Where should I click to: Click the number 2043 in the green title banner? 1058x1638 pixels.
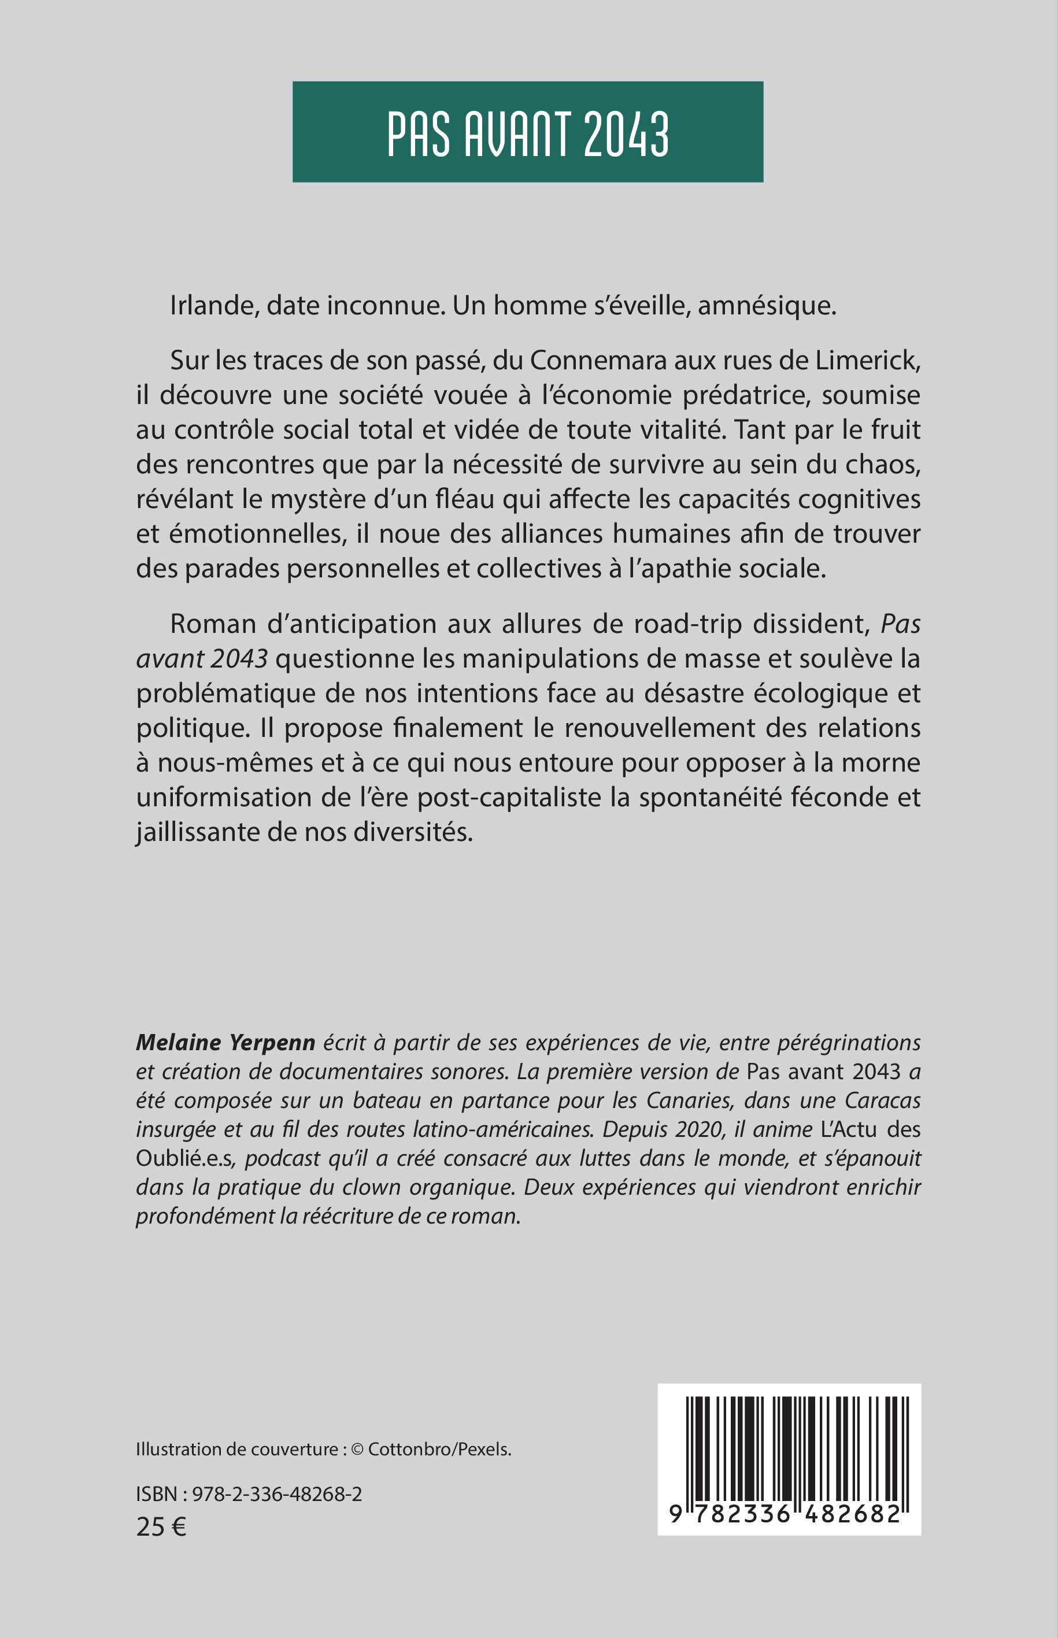click(626, 134)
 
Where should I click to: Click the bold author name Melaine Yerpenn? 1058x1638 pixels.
click(225, 1043)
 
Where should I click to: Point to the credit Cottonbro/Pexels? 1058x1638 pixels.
click(440, 1449)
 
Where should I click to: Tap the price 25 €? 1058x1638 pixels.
click(161, 1526)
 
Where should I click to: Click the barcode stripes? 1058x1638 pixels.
click(789, 1449)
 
